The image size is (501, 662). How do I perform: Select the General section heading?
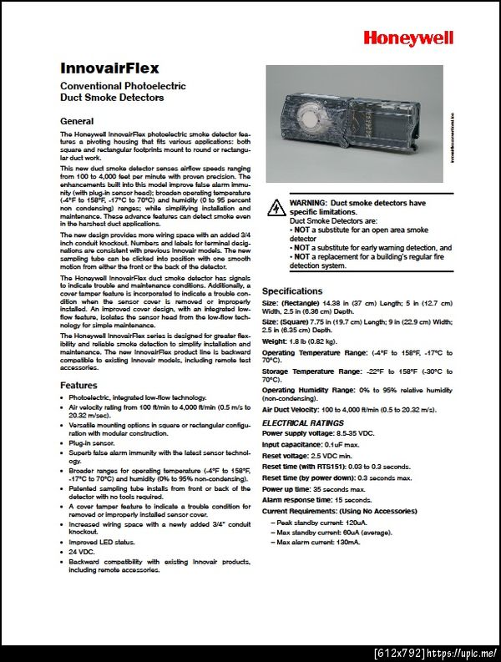tap(77, 121)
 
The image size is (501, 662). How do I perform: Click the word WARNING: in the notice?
tap(309, 203)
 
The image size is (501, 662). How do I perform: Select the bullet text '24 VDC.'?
tap(82, 552)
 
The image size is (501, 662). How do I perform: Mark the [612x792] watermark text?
tap(398, 651)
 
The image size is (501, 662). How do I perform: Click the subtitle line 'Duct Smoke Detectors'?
tap(112, 98)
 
